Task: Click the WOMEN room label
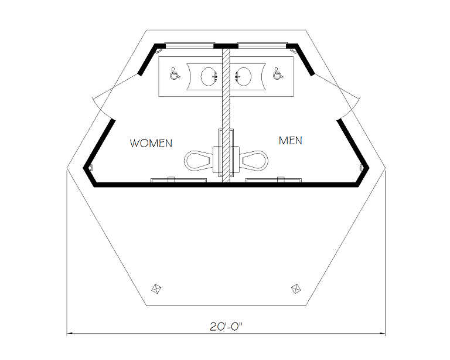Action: [151, 143]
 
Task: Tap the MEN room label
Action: [291, 141]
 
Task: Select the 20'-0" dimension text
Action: [226, 327]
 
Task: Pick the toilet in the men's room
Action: [254, 159]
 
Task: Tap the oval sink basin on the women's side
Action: [208, 76]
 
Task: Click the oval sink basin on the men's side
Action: [243, 76]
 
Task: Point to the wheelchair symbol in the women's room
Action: [174, 74]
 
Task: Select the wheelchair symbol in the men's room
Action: [278, 74]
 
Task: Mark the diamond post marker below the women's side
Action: [156, 288]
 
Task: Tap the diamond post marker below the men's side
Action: [296, 288]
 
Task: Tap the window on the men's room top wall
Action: [262, 45]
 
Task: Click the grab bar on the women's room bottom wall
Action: [179, 179]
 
